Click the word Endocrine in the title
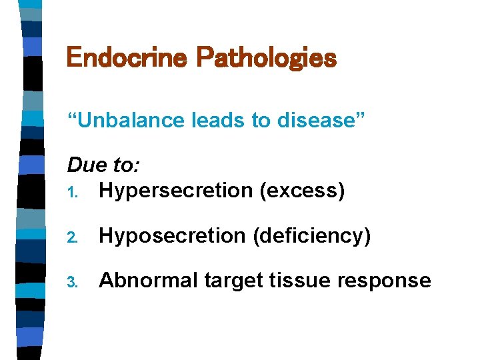[127, 58]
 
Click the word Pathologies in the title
[266, 58]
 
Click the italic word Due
[85, 165]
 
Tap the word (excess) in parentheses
[302, 191]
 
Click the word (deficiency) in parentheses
[311, 235]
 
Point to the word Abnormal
[148, 280]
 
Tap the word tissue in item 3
[303, 280]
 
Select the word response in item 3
[387, 281]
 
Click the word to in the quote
[249, 121]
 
